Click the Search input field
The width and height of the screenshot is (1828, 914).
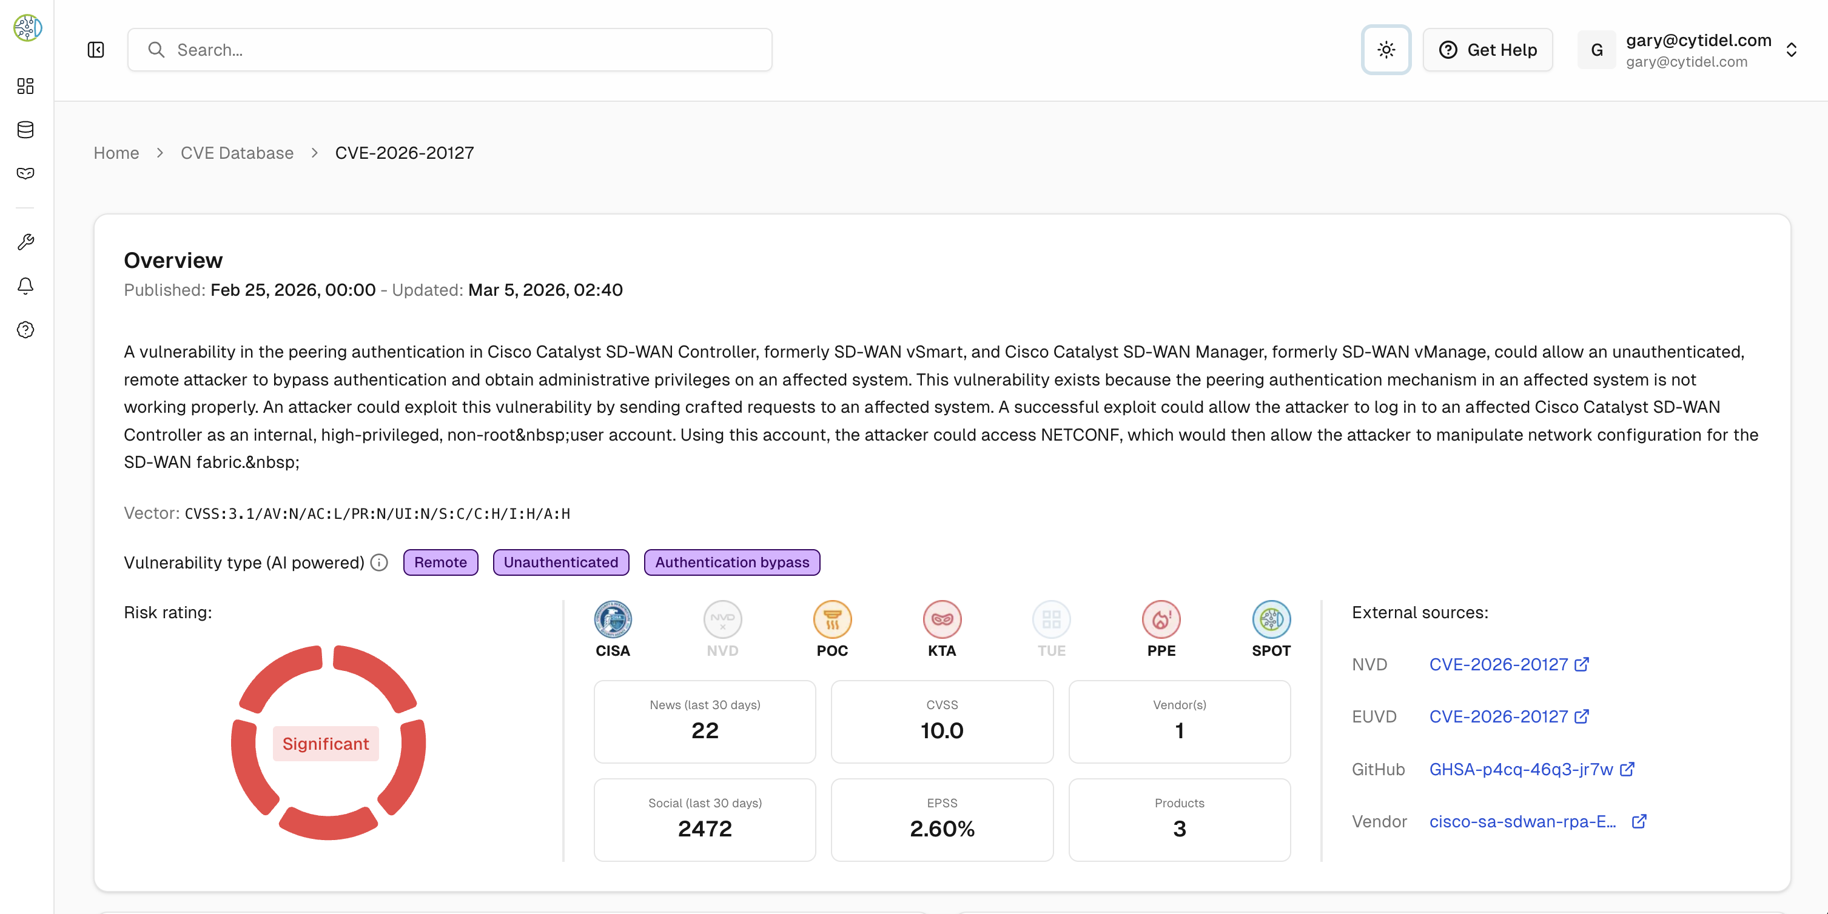coord(449,50)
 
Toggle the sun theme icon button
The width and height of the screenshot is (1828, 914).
coord(1385,50)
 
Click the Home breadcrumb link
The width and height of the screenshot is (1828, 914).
coord(116,153)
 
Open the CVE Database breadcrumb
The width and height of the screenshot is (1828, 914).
coord(237,153)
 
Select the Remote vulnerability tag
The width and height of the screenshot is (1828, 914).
coord(441,562)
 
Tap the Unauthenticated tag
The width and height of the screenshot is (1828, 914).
coord(560,562)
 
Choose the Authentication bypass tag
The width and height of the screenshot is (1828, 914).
coord(731,562)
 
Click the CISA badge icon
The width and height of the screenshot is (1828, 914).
coord(613,619)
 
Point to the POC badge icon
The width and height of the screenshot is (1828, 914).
coord(832,619)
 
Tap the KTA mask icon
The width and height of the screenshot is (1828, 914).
coord(942,619)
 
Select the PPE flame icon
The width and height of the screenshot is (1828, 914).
coord(1161,619)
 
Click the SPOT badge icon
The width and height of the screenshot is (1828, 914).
coord(1271,619)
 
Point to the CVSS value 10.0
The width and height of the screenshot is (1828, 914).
coord(942,730)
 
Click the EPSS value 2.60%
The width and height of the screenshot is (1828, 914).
coord(942,828)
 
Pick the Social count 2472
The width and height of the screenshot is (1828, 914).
coord(705,828)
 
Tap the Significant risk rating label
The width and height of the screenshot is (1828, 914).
coord(326,743)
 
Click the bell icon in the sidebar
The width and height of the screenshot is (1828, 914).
coord(25,285)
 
